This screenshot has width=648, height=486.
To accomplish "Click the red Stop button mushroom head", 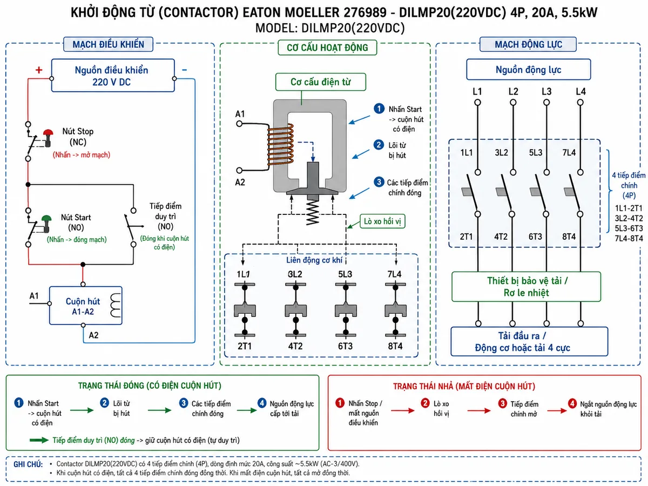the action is [x=48, y=132].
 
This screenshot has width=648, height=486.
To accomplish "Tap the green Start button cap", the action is [x=46, y=218].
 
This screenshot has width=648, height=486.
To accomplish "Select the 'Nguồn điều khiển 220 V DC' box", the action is [x=113, y=76].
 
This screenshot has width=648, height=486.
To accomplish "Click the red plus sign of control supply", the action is [x=39, y=70].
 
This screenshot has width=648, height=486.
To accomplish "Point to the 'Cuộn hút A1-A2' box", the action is [x=86, y=306].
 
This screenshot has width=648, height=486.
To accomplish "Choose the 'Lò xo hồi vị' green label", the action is [x=382, y=221].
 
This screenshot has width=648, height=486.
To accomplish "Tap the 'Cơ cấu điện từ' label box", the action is [x=321, y=82].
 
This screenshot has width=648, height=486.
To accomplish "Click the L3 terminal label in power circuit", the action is [x=546, y=91].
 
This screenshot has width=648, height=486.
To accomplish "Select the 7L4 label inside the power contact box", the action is [x=569, y=153].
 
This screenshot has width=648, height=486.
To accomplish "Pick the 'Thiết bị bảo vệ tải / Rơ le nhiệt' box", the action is [x=526, y=287].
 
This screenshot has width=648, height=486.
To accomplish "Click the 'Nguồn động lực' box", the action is [x=529, y=70].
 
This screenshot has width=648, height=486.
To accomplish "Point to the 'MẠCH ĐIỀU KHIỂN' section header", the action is [x=109, y=44].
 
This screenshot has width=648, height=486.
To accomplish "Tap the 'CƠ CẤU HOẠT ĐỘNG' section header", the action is [x=327, y=48].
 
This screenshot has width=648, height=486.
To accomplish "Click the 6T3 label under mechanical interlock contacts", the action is [x=345, y=346].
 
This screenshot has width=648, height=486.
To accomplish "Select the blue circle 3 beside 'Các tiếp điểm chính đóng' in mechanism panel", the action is [x=379, y=182].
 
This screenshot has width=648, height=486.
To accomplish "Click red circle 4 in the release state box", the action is [x=572, y=403].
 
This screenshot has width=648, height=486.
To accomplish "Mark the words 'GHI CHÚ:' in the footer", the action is [x=28, y=464].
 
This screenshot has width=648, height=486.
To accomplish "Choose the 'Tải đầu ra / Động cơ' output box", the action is [x=529, y=341].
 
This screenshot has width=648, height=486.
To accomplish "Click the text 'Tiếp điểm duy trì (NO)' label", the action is [x=165, y=217].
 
